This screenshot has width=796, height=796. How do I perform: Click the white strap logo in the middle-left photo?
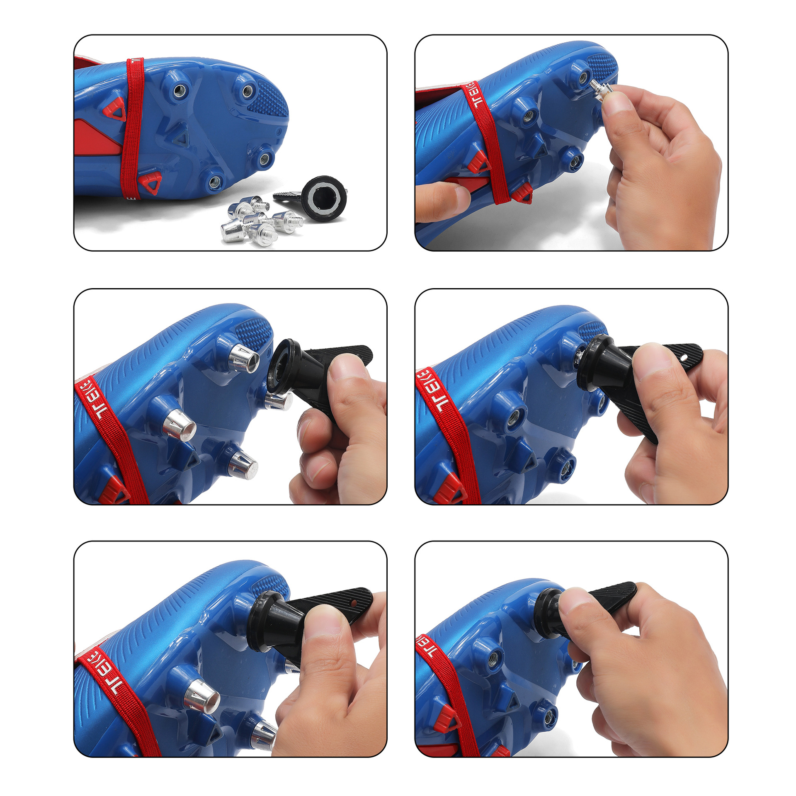[95, 402]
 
